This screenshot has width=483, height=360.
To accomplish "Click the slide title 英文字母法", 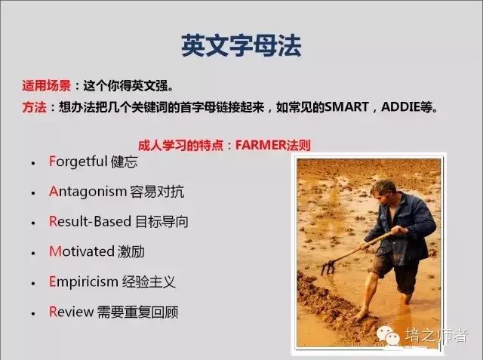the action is pos(241,45).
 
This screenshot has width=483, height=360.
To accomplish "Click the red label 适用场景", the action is pos(47,85).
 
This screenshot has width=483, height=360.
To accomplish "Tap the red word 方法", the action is pos(34,107).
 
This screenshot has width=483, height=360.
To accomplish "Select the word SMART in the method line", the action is pos(346,107).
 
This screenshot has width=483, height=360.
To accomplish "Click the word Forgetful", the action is pos(78,162).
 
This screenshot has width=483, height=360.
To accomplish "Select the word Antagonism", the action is pos(88,191).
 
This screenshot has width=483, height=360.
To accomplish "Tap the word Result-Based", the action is pos(90,221).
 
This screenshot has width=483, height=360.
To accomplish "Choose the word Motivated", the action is pos(82,251).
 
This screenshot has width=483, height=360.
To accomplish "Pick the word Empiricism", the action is pos(84,282).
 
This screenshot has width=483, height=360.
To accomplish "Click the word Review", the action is pos(71,312).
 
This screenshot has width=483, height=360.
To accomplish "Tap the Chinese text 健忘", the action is pos(125,162).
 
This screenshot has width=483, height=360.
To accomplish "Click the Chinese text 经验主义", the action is pos(149,282).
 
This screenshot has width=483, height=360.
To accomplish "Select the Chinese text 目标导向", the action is pos(162,221).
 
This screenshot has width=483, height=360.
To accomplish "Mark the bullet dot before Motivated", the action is pos(33,253).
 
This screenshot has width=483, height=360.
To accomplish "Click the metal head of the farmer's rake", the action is pos(328,268).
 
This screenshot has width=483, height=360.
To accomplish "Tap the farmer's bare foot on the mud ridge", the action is pos(362,315).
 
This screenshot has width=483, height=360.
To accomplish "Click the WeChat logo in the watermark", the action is pos(388,335).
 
